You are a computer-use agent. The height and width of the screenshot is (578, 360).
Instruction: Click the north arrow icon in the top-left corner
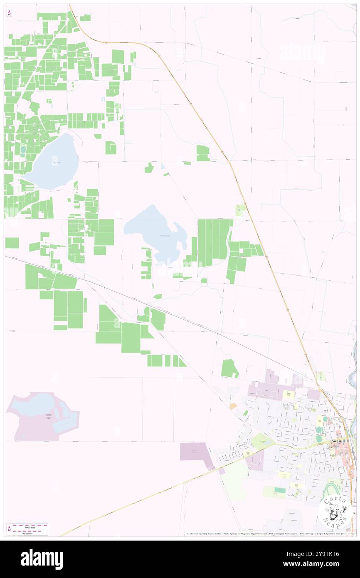9,13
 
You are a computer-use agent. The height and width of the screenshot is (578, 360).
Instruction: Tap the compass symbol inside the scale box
9,529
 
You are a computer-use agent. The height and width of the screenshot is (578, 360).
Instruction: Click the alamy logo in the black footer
42,558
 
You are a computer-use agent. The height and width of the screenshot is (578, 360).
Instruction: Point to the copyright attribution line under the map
270,534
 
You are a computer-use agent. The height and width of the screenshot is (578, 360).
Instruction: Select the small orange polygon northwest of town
233,406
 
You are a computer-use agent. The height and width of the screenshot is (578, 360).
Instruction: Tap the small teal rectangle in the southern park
280,491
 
